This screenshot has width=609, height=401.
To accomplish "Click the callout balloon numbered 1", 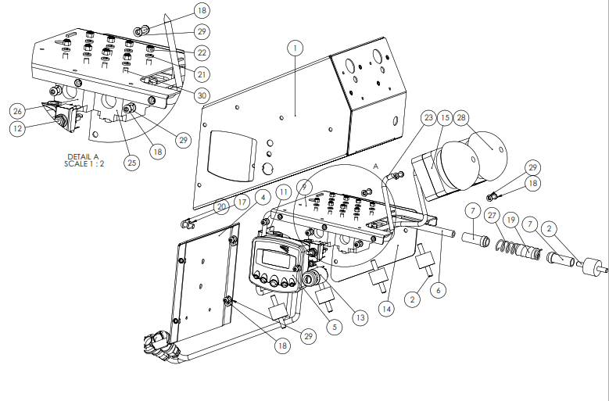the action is [x=296, y=48].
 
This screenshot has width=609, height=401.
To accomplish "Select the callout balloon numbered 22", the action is [x=202, y=53].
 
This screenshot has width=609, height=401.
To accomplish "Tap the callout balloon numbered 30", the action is [x=202, y=95].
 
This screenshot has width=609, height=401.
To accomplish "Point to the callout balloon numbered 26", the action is [x=17, y=112].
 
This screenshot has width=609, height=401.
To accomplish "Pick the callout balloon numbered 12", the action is [x=17, y=128].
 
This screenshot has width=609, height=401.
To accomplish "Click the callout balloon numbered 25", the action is [x=132, y=163].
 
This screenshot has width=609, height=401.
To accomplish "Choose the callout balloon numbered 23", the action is [x=428, y=117].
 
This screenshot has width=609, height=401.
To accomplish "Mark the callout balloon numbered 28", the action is [x=461, y=117].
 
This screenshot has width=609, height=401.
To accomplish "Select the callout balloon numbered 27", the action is [x=492, y=216].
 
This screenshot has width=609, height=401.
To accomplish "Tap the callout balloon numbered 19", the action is [x=510, y=220].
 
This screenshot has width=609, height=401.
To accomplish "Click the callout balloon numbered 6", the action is [x=439, y=290].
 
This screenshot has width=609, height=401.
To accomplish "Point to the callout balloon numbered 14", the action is [x=386, y=309].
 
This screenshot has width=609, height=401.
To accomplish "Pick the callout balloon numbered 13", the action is [x=360, y=317].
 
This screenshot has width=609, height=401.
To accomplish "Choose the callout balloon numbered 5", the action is [x=335, y=327].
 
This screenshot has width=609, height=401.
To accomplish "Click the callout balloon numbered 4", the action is [x=263, y=198].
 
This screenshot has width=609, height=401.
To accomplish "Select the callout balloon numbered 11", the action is [x=284, y=192].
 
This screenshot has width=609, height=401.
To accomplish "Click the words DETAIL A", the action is [x=83, y=157].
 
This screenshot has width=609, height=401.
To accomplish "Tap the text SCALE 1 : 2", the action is [x=84, y=164].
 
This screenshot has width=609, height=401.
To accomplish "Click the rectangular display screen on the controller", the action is [x=277, y=259].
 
